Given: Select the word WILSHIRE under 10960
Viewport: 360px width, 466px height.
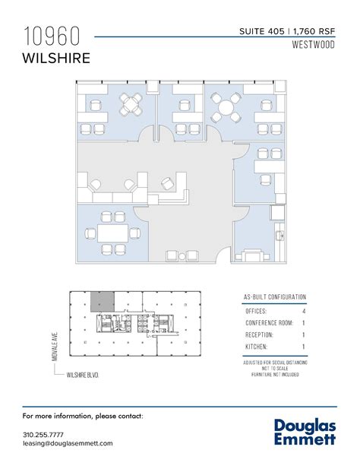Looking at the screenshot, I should tap(58, 57).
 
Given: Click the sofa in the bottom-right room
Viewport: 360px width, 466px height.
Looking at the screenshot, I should tap(253, 255).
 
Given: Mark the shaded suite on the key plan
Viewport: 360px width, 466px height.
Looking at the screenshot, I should tap(102, 303).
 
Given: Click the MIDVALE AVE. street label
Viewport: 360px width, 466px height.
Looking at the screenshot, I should tap(56, 340).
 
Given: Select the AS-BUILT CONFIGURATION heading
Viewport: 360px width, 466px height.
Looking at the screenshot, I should tap(275, 296).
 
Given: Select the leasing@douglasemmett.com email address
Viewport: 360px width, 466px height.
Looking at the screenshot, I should tap(68, 443).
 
